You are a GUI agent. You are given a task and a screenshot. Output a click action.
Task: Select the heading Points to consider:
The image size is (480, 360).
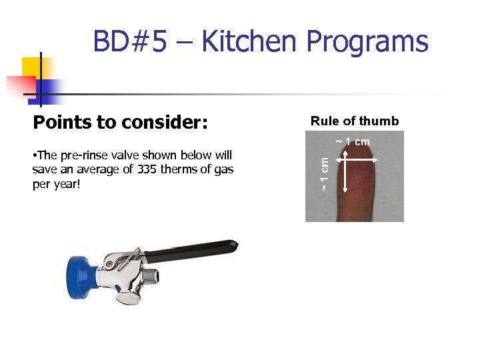tap(120, 123)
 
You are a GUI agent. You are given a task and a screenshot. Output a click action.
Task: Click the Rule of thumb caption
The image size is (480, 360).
tap(355, 121)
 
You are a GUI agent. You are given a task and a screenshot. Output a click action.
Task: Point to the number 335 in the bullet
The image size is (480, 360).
tap(147, 169)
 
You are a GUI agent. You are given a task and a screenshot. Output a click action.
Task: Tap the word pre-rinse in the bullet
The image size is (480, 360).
tap(82, 156)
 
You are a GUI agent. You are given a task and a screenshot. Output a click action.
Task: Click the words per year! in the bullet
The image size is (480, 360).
tap(56, 183)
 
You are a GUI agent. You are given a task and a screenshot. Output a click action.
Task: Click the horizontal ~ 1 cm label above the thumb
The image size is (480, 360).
tap(353, 141)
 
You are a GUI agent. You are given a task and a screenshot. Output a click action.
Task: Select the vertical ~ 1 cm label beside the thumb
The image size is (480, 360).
tap(323, 175)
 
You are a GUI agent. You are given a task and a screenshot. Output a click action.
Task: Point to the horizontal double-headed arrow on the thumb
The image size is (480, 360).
tap(357, 161)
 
